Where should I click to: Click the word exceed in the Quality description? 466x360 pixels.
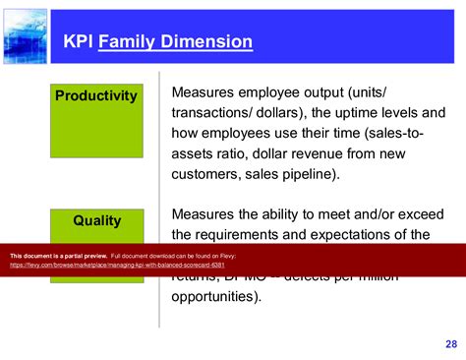pos(403,213)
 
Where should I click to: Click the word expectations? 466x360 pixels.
pos(369,234)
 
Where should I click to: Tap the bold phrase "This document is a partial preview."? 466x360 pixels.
pos(58,256)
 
